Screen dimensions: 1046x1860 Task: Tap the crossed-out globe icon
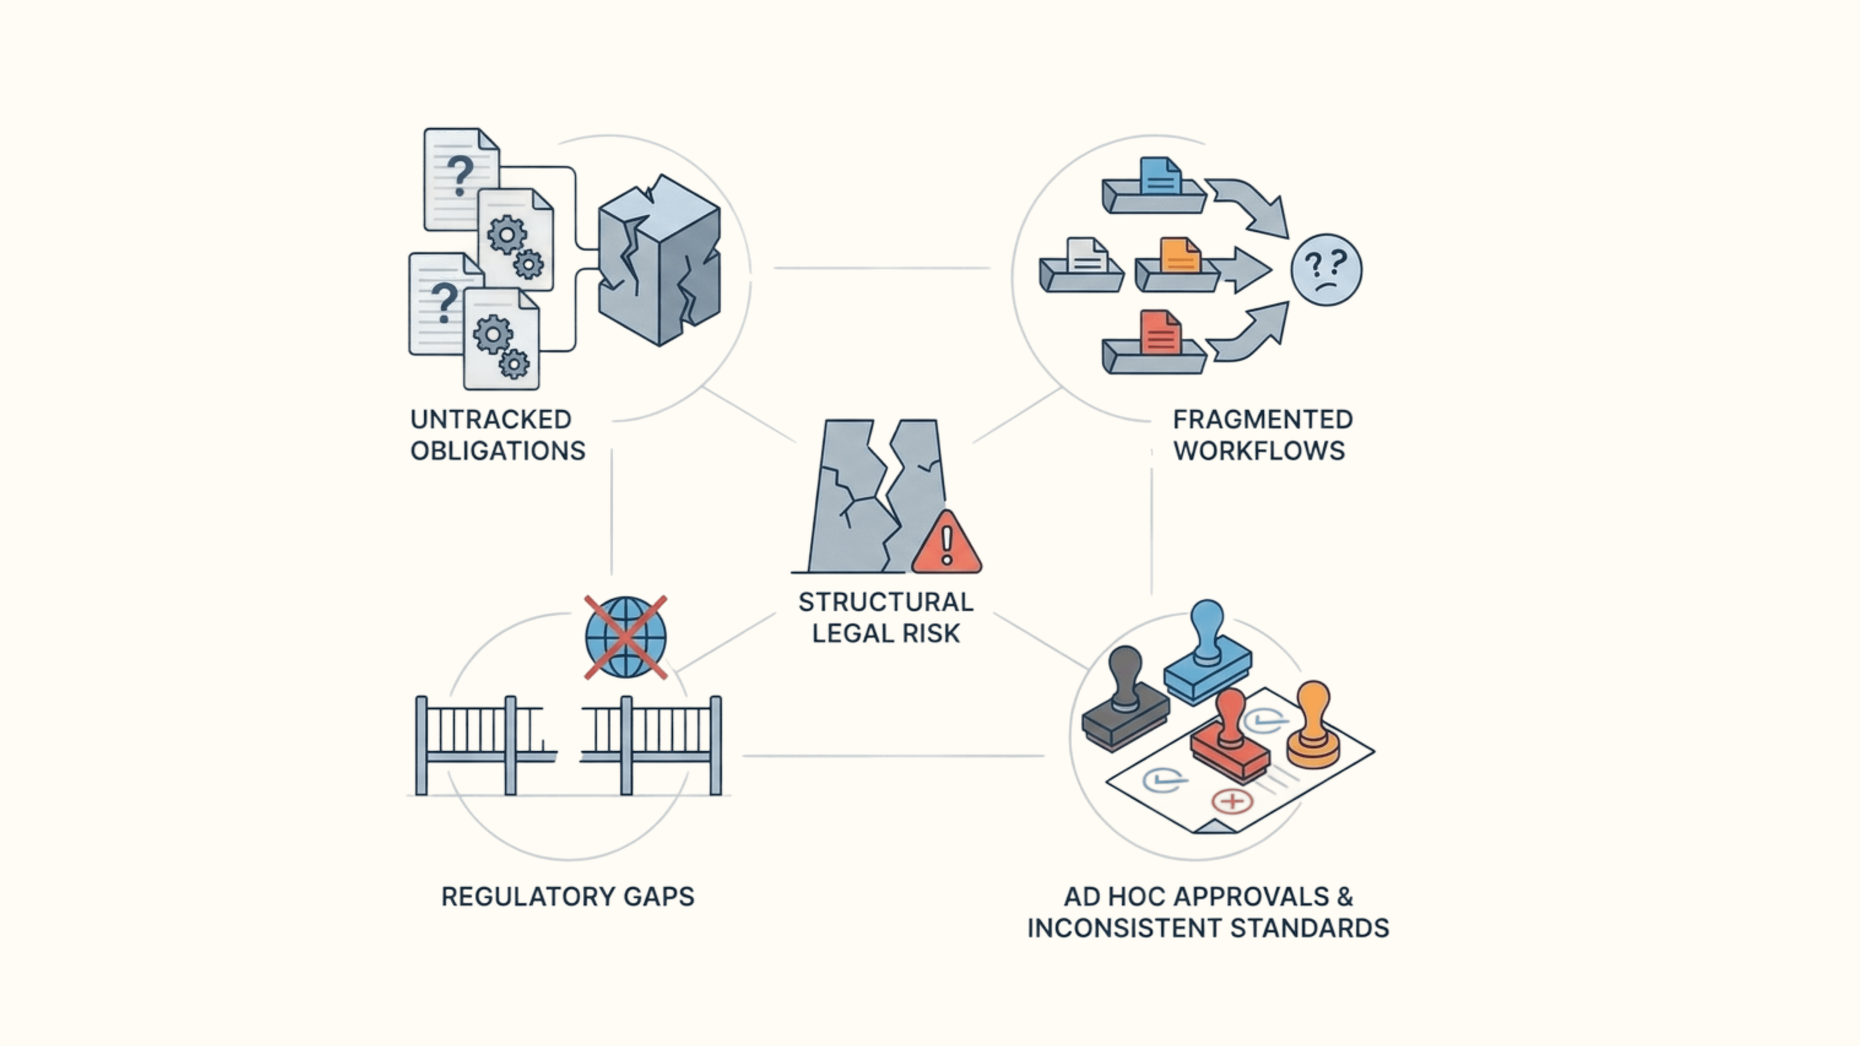click(625, 637)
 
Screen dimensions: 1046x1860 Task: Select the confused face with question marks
click(1326, 270)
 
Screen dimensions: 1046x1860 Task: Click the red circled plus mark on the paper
click(1232, 801)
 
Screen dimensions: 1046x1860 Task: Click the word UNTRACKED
click(491, 419)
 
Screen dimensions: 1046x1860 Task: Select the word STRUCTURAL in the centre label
click(885, 602)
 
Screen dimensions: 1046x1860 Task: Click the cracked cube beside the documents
click(658, 260)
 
